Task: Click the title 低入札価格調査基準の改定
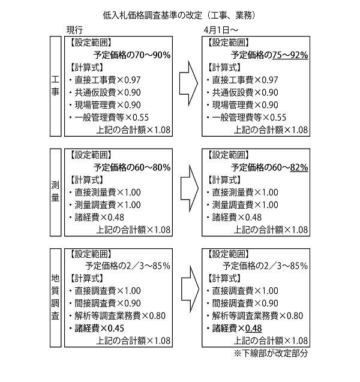[152, 16]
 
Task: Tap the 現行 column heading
[75, 30]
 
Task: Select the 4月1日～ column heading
[221, 30]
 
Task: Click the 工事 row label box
[56, 86]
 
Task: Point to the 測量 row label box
[56, 192]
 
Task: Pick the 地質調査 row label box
[56, 297]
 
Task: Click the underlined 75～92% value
[290, 55]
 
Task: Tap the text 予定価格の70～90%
[132, 55]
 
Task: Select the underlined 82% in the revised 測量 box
[299, 168]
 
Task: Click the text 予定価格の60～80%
[132, 168]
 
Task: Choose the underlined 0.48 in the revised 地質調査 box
[253, 328]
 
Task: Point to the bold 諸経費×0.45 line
[100, 328]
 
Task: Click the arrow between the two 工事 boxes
[188, 83]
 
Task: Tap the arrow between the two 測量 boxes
[190, 188]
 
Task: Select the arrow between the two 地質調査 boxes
[190, 289]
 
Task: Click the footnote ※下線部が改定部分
[271, 353]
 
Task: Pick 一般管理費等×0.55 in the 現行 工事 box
[112, 118]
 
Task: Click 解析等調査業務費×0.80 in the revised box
[257, 315]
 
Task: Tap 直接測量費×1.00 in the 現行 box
[108, 192]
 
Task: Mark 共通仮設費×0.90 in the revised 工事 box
[245, 92]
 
